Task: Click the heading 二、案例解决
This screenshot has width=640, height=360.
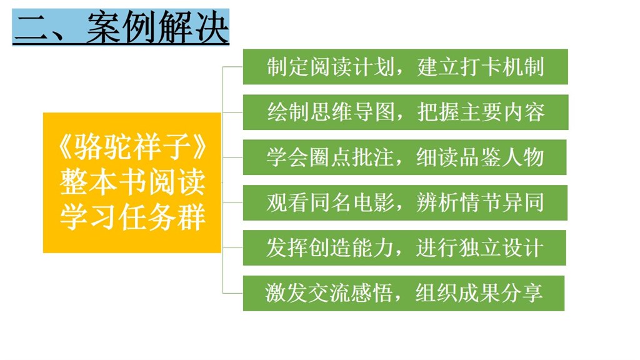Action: click(121, 27)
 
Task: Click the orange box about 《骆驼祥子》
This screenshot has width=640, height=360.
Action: click(132, 182)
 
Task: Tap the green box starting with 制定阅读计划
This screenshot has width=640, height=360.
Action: click(405, 66)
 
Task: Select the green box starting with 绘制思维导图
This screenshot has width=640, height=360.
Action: click(405, 112)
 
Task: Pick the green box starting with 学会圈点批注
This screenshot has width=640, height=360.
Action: click(404, 157)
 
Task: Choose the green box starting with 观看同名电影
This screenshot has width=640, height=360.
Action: click(405, 202)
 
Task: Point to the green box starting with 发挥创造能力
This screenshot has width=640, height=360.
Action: click(404, 247)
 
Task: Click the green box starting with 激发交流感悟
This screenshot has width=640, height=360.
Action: click(404, 293)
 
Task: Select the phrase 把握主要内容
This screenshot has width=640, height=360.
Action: click(481, 112)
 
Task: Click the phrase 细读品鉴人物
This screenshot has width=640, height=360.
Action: click(480, 157)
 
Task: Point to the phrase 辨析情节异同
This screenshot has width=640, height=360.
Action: click(481, 202)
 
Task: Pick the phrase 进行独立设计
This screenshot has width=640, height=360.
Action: click(479, 247)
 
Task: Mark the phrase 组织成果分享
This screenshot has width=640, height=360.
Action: click(479, 293)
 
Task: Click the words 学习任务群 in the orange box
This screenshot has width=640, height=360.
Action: click(132, 217)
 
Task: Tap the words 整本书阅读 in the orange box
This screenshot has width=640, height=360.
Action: click(132, 182)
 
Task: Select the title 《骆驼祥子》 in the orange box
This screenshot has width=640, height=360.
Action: click(132, 146)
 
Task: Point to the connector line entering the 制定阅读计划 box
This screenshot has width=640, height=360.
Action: click(232, 66)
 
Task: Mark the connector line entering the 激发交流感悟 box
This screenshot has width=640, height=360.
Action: click(232, 293)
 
